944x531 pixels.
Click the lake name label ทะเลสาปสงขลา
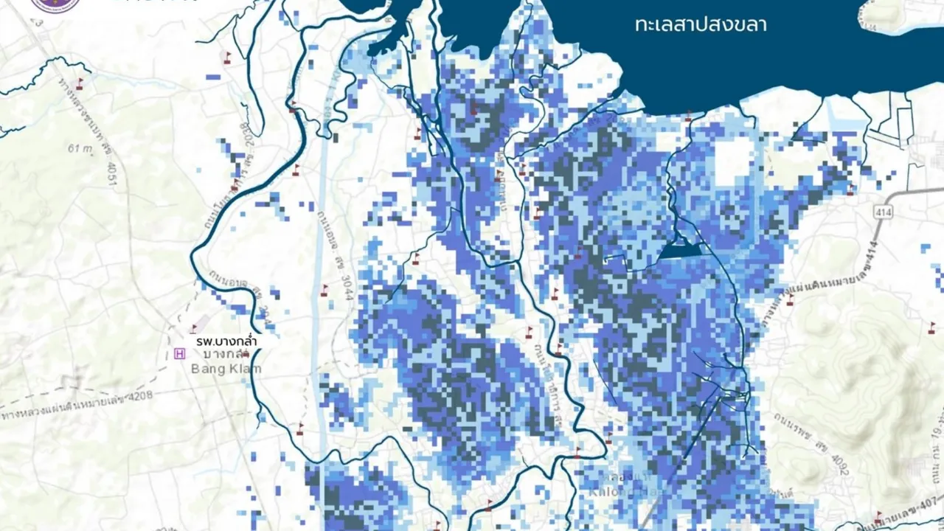point(700,25)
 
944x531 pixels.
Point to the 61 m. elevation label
point(77,148)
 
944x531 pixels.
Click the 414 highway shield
point(881,212)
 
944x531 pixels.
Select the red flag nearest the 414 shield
point(850,190)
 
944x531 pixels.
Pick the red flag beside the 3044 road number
point(324,291)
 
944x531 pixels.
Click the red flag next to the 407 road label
point(878,516)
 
